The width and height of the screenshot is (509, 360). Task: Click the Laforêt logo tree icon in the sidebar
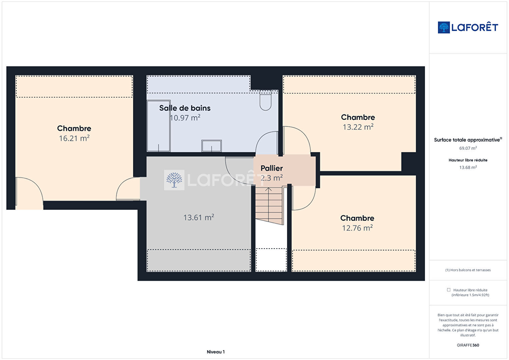pyautogui.click(x=444, y=27)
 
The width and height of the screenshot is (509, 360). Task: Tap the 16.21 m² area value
pyautogui.click(x=74, y=138)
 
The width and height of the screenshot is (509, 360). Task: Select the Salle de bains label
pyautogui.click(x=185, y=108)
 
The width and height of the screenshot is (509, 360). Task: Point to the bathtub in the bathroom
pyautogui.click(x=159, y=126)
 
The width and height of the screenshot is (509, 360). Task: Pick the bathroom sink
pyautogui.click(x=211, y=146)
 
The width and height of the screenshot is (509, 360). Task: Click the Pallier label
pyautogui.click(x=272, y=168)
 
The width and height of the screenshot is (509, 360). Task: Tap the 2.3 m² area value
pyautogui.click(x=272, y=178)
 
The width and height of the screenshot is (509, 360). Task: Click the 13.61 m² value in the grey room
pyautogui.click(x=198, y=218)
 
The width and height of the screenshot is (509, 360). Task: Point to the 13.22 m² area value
pyautogui.click(x=358, y=127)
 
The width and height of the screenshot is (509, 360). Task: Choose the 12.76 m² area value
pyautogui.click(x=357, y=228)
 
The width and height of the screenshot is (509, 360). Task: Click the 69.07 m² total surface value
pyautogui.click(x=468, y=148)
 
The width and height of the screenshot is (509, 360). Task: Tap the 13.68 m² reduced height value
pyautogui.click(x=468, y=167)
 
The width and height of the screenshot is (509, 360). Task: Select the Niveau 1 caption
pyautogui.click(x=216, y=352)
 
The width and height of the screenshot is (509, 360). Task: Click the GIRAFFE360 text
pyautogui.click(x=468, y=345)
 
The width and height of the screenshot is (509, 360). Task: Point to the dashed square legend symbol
pyautogui.click(x=449, y=290)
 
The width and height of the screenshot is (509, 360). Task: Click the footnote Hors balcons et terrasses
pyautogui.click(x=468, y=270)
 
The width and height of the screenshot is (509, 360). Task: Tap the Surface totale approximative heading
pyautogui.click(x=468, y=140)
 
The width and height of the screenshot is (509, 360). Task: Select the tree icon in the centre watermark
pyautogui.click(x=174, y=180)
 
